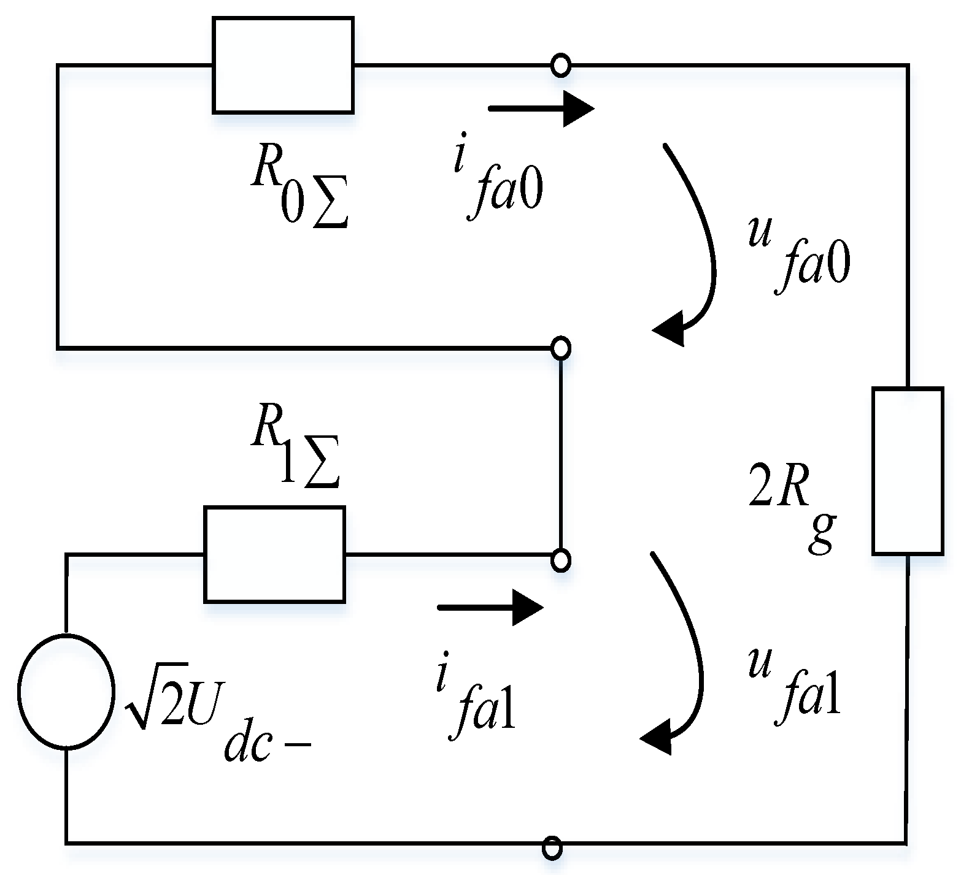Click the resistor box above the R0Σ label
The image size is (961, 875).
(283, 66)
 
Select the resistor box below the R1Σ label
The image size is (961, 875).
(274, 554)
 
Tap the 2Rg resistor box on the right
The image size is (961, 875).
(907, 471)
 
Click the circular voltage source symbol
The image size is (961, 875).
(66, 691)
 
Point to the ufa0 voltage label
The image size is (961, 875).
(798, 254)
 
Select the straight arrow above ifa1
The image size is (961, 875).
(490, 608)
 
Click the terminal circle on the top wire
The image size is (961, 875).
(560, 65)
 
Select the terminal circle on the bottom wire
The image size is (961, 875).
(552, 848)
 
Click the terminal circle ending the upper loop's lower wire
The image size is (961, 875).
(560, 348)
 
